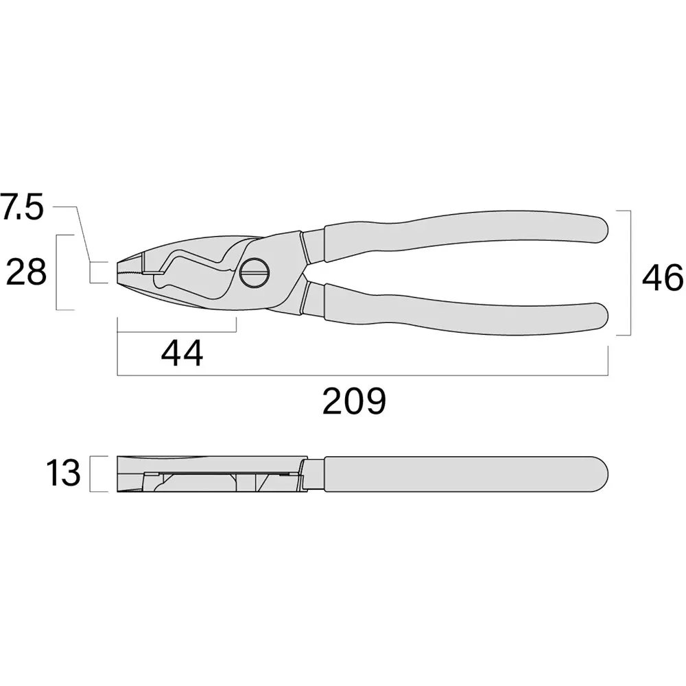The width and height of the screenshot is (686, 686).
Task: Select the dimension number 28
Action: pos(26,273)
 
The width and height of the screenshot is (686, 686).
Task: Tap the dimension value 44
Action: pos(182,354)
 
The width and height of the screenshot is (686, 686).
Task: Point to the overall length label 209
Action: pos(355,402)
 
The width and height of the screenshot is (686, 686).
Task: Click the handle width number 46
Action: pos(663,279)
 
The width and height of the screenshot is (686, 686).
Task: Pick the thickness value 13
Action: pos(63,474)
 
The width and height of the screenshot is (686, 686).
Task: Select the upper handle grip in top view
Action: pos(466,234)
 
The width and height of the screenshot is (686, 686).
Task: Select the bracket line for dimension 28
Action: pos(56,272)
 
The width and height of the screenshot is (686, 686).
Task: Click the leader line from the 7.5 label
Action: pos(82,233)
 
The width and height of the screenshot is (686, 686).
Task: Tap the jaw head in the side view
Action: pos(206,473)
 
